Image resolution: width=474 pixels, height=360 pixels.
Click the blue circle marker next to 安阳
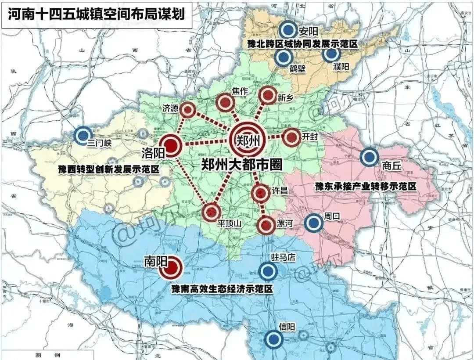tap(288, 30)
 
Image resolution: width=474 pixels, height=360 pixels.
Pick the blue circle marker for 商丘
tap(370, 157)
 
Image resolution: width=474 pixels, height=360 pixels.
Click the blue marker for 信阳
tap(274, 339)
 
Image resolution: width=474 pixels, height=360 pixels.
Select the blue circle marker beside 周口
tap(313, 223)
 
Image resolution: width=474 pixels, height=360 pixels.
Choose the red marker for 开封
tap(291, 138)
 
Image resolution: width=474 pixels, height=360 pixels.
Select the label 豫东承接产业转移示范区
tap(365, 186)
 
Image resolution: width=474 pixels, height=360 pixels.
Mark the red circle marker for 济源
tap(188, 110)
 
